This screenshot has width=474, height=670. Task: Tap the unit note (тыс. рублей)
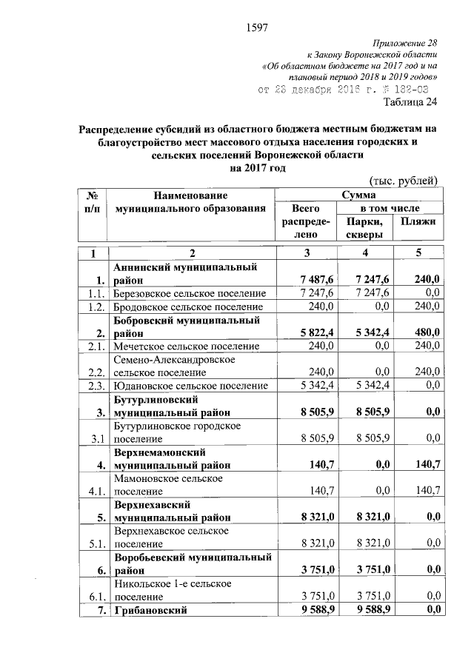[x=403, y=181]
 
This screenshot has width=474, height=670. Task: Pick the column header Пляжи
[x=418, y=221]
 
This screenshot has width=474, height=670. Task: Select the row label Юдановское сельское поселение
[x=190, y=385]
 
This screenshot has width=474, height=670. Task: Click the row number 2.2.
[x=93, y=372]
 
